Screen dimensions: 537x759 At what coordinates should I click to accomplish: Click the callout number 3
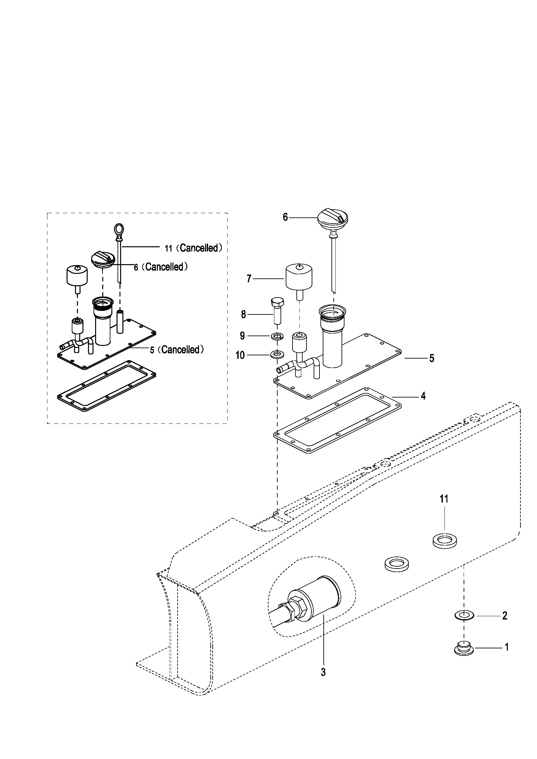click(323, 672)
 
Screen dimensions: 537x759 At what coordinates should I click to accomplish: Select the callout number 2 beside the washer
click(505, 616)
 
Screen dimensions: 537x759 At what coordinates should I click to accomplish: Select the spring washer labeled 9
click(277, 337)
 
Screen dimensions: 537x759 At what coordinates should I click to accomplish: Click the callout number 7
click(249, 279)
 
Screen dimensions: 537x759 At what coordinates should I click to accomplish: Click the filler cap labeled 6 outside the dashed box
click(333, 219)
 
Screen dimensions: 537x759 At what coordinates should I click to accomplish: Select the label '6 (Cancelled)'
click(161, 267)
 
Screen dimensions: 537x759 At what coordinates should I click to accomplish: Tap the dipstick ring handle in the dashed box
click(119, 228)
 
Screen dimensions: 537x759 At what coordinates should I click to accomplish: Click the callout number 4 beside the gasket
click(423, 396)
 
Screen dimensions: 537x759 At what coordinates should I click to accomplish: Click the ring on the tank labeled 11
click(445, 542)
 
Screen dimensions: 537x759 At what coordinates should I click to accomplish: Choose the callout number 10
click(240, 355)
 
